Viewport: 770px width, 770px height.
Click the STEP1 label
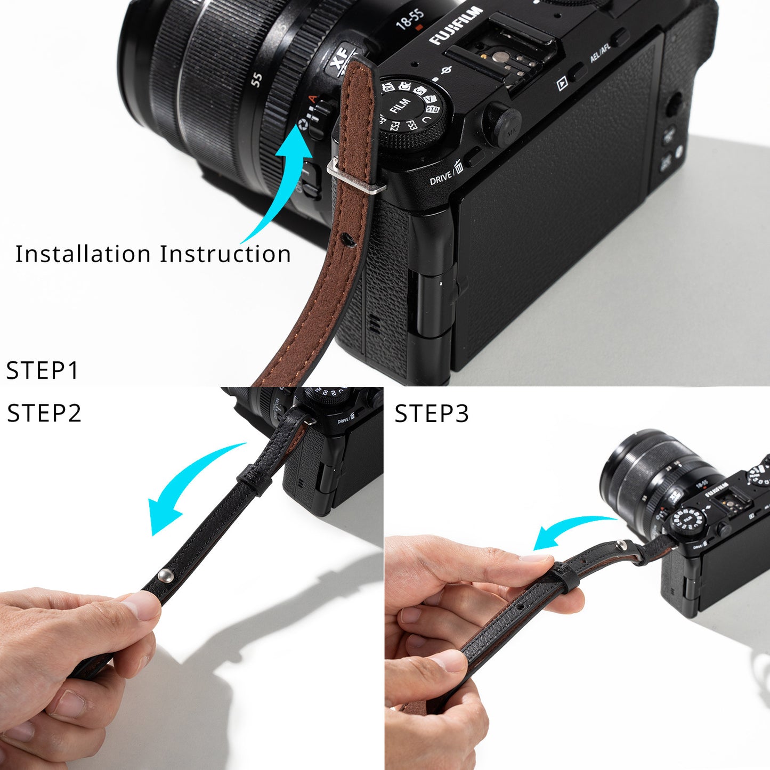[42, 370]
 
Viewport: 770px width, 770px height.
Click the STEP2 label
[44, 414]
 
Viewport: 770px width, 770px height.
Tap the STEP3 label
[432, 414]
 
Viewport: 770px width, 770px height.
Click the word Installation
[83, 254]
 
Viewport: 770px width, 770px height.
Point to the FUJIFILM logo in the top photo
[456, 26]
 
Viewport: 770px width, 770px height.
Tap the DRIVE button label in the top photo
[441, 178]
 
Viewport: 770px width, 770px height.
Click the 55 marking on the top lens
[257, 80]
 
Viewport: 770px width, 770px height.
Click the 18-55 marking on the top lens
[409, 19]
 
